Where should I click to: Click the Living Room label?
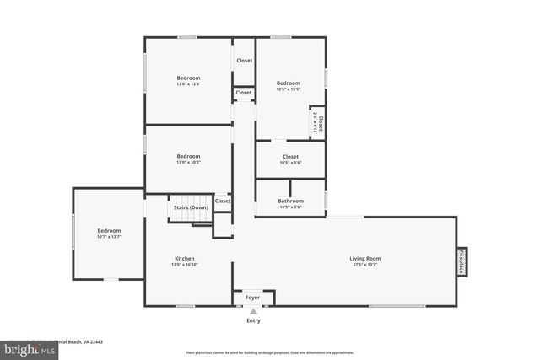(x=365, y=258)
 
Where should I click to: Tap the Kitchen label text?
(x=185, y=258)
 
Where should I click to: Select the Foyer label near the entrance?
(x=253, y=298)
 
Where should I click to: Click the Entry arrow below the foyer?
(x=253, y=312)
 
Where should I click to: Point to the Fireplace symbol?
(x=462, y=261)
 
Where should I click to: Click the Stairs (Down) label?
(x=191, y=207)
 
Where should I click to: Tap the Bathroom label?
(x=290, y=201)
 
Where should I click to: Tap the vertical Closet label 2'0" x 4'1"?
(x=318, y=123)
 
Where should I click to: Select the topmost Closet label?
(x=244, y=61)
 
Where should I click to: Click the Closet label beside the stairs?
(x=223, y=201)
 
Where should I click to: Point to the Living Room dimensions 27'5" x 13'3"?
(x=365, y=265)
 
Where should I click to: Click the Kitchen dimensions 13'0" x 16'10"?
(x=185, y=265)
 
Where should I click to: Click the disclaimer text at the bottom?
(x=270, y=352)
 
